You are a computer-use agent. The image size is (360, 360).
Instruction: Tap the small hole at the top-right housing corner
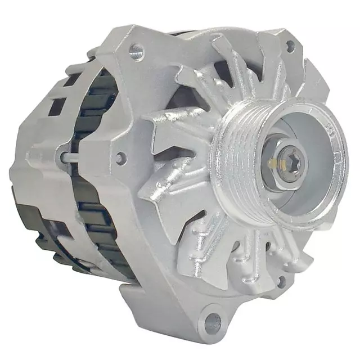(290, 46)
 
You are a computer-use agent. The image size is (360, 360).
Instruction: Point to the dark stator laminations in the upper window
(104, 101)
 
